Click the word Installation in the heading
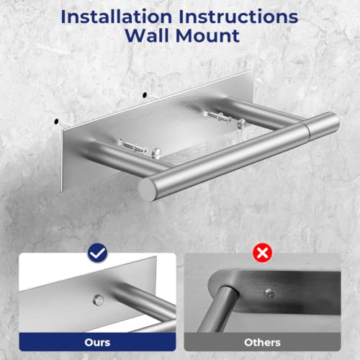pos(117,17)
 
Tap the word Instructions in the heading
pos(238,17)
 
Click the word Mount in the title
pos(207,36)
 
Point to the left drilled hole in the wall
pos(57,122)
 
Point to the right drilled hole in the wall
pos(145,95)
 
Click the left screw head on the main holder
pos(156,153)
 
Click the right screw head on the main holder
pos(242,123)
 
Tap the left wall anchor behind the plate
pos(132,147)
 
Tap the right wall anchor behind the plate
pos(218,116)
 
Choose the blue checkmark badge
pos(97,253)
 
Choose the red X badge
pos(263,253)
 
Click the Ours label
pos(97,343)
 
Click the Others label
pos(262,343)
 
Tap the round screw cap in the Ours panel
pos(98,300)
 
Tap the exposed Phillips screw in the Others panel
pos(269,293)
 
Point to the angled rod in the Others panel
pos(217,309)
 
